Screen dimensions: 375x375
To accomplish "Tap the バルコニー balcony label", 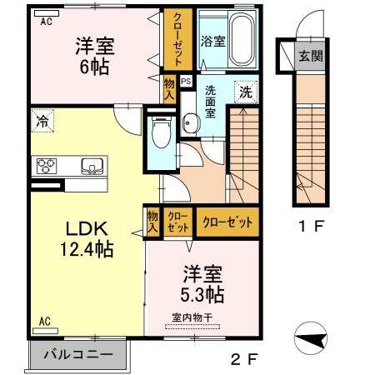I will coord(80,354).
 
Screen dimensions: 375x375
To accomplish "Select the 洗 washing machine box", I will coord(247,90).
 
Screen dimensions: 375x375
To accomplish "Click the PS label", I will coord(185,82).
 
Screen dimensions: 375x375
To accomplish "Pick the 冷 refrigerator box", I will coord(42,122).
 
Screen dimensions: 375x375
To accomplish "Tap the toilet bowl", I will coord(162,129).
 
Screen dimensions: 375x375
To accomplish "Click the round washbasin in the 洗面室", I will coord(189,123).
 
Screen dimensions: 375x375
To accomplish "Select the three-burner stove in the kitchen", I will coord(47,166).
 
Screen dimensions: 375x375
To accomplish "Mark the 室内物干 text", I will coord(192,316).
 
